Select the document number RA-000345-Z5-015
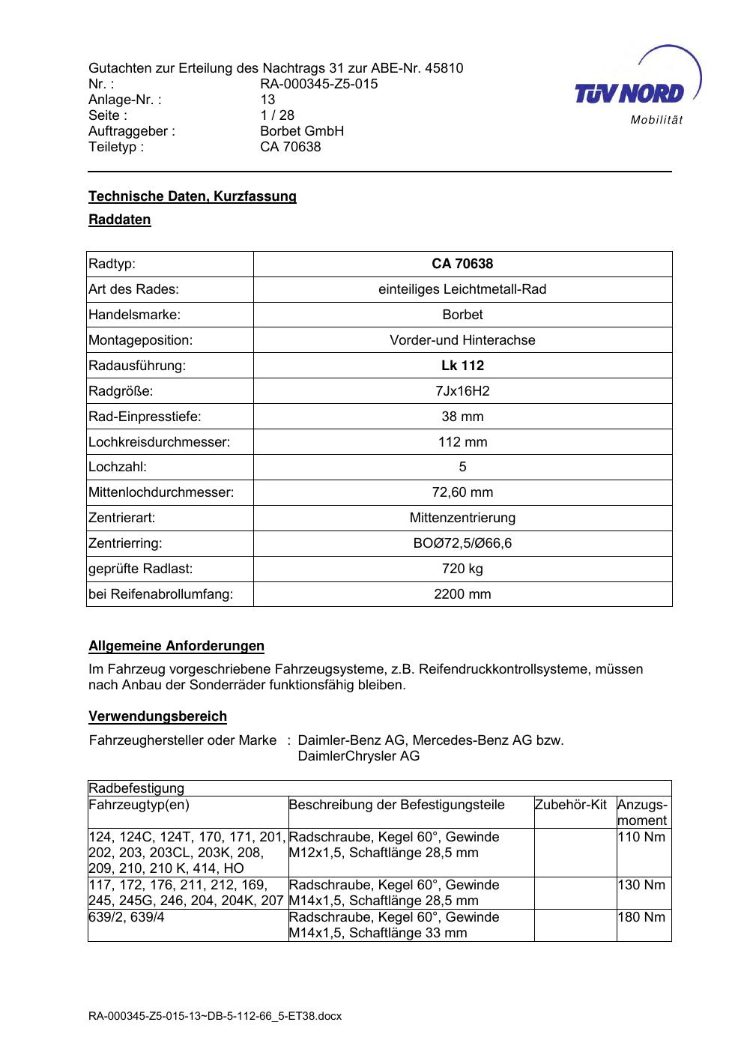pyautogui.click(x=318, y=84)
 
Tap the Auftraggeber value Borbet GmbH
pyautogui.click(x=302, y=131)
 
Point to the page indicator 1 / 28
pyautogui.click(x=277, y=115)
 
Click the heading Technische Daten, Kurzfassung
pyautogui.click(x=193, y=196)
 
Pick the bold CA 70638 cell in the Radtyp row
pyautogui.click(x=462, y=264)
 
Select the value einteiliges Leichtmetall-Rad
pyautogui.click(x=462, y=289)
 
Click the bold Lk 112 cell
pyautogui.click(x=462, y=366)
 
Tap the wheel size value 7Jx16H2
pyautogui.click(x=462, y=391)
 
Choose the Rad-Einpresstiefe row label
pyautogui.click(x=145, y=417)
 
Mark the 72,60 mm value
pyautogui.click(x=462, y=492)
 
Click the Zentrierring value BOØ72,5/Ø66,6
pyautogui.click(x=462, y=543)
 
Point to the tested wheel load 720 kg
pyautogui.click(x=462, y=569)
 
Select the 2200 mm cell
pyautogui.click(x=462, y=594)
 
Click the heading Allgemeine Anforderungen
pyautogui.click(x=176, y=646)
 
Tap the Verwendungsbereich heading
pyautogui.click(x=157, y=716)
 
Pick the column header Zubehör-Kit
pyautogui.click(x=570, y=805)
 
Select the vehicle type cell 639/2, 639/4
pyautogui.click(x=127, y=917)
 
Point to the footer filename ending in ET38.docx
pyautogui.click(x=215, y=1016)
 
